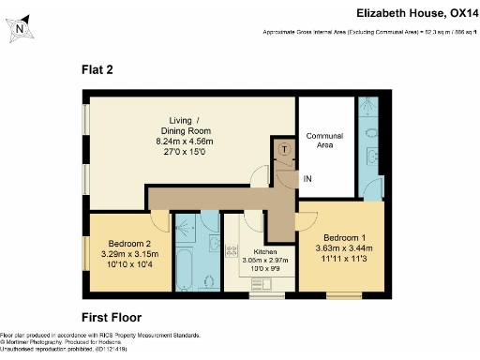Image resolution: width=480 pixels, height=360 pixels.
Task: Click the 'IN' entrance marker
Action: (x=306, y=176)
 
